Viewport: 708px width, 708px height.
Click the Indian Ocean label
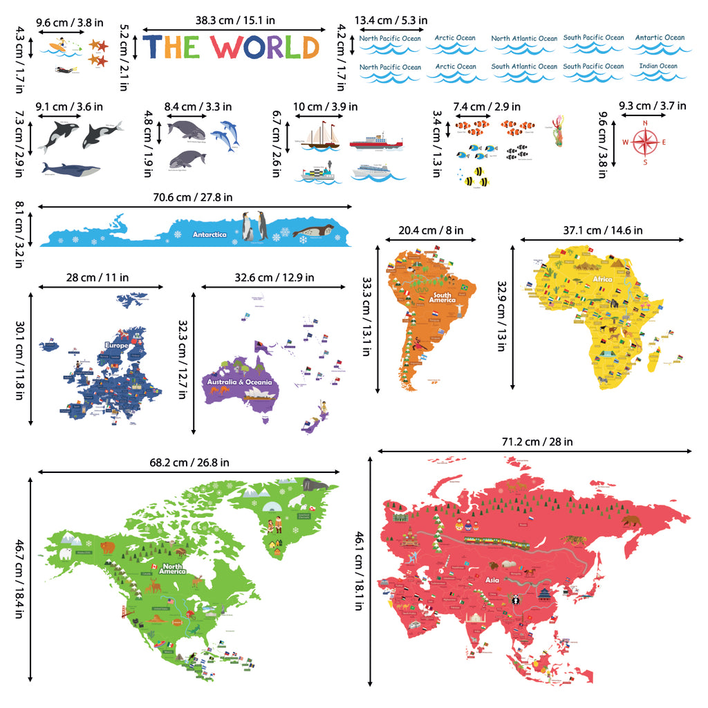point(658,67)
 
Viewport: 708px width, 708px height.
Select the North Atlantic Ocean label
point(523,39)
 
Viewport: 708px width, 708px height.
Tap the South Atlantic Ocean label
point(523,67)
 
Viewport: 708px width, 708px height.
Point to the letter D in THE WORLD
point(310,47)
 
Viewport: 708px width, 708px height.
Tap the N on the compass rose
point(645,124)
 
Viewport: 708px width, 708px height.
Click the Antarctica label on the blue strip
point(209,234)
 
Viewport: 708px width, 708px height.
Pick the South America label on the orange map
point(442,297)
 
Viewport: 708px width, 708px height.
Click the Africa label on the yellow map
point(602,280)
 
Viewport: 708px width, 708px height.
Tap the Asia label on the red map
point(492,581)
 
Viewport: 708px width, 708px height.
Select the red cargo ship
point(375,142)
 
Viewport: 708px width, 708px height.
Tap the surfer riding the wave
point(61,45)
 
